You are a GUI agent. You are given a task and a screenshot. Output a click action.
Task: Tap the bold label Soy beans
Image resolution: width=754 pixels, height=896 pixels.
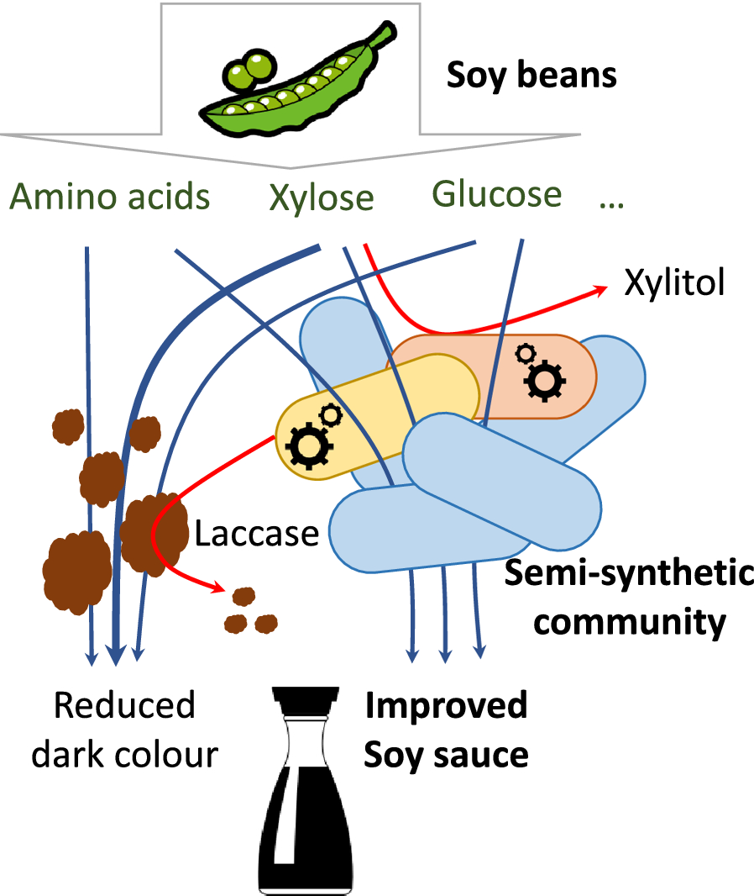(531, 76)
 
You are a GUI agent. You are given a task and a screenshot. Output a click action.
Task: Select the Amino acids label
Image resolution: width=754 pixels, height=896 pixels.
(109, 197)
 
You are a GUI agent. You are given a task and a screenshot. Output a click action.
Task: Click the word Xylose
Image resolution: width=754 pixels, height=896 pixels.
(322, 198)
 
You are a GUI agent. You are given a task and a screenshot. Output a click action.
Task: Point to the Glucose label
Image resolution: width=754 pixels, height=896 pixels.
(497, 194)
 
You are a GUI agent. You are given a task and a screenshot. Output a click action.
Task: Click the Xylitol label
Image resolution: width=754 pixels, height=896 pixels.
(673, 283)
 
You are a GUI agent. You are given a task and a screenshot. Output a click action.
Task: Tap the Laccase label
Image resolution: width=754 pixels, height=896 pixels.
(257, 534)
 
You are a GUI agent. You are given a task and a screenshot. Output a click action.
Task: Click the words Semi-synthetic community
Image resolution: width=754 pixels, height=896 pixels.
(629, 598)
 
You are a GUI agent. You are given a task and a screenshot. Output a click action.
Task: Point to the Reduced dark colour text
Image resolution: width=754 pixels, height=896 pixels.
(124, 730)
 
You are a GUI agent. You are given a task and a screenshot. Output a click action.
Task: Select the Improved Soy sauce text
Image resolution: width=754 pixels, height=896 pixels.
(445, 730)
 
